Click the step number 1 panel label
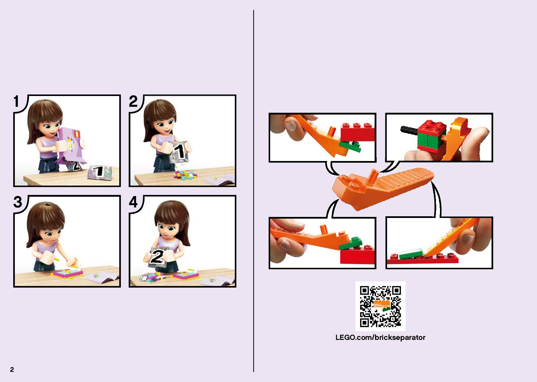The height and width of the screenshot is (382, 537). pyautogui.click(x=16, y=101)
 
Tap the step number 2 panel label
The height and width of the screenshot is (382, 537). pyautogui.click(x=133, y=101)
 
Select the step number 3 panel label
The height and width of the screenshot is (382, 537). pyautogui.click(x=18, y=202)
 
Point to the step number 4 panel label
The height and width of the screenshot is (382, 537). pyautogui.click(x=133, y=202)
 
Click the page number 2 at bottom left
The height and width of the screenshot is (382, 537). pyautogui.click(x=12, y=369)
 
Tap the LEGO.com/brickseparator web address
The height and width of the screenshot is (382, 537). pyautogui.click(x=380, y=338)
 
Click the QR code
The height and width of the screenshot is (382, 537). pyautogui.click(x=380, y=306)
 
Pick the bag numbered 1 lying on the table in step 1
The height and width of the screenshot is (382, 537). pyautogui.click(x=99, y=172)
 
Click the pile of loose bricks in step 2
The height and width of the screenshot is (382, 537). pyautogui.click(x=186, y=175)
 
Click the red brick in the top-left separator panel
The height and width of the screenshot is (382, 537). pyautogui.click(x=357, y=132)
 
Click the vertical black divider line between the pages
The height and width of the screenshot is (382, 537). pyautogui.click(x=253, y=191)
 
